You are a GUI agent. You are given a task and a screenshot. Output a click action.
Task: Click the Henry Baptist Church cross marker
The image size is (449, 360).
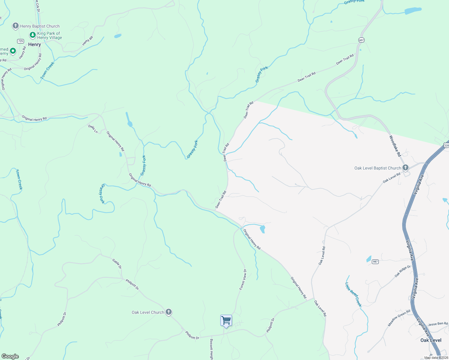(x=15, y=26)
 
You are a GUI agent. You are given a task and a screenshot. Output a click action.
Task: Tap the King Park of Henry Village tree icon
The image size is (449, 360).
(x=32, y=35)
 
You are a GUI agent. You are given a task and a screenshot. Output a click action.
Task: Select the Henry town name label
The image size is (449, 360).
(x=35, y=44)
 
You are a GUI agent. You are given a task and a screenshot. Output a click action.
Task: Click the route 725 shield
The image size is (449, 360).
(x=20, y=41)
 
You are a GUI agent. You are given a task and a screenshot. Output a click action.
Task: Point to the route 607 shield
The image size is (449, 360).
(x=361, y=40)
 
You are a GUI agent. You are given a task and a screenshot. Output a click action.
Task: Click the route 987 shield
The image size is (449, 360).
(x=375, y=262)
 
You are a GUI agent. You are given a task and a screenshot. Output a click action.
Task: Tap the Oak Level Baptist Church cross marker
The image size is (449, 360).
(x=405, y=168)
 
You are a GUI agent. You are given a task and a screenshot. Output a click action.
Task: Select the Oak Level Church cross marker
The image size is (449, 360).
(x=169, y=312)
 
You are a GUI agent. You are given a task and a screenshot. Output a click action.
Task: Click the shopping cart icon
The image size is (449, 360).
(x=226, y=320)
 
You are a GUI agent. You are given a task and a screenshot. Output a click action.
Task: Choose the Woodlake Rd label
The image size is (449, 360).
(x=395, y=146)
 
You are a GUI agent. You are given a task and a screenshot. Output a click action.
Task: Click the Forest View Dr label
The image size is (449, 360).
(x=243, y=280)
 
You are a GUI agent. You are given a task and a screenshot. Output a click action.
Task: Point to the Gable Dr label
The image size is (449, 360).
(x=117, y=263)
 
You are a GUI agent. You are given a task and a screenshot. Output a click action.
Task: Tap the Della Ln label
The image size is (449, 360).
(x=93, y=129)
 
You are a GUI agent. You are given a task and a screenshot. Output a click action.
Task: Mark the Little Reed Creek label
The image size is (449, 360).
(x=353, y=294)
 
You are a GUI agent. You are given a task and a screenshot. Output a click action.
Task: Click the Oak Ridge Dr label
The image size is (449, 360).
(x=402, y=271)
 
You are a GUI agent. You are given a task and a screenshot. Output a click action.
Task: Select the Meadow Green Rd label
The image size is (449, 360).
(x=399, y=318)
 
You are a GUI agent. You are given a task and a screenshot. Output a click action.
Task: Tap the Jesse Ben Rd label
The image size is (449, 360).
(x=438, y=324)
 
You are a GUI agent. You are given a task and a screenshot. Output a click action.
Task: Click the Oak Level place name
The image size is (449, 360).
(x=431, y=340)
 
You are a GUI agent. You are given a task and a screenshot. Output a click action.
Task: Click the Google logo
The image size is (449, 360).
(x=10, y=356)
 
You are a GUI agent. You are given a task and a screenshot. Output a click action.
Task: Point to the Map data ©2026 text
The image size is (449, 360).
(x=436, y=358)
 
